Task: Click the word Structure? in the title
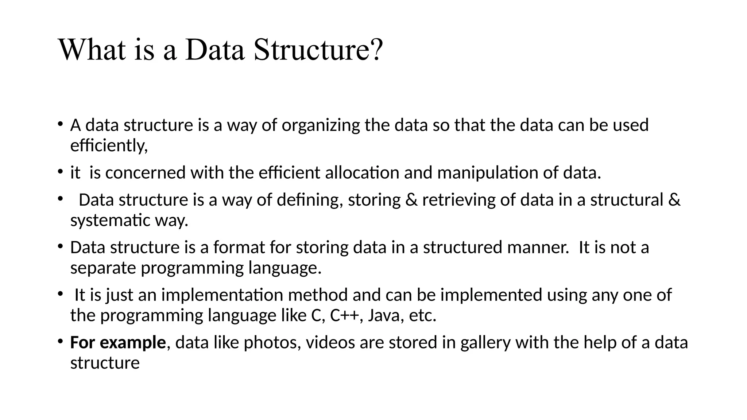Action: click(318, 50)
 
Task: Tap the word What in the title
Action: click(92, 50)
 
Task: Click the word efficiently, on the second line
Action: click(109, 146)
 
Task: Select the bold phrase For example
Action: click(118, 343)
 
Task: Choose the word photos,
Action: click(272, 343)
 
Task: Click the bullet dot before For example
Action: click(60, 342)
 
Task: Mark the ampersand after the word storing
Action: click(411, 200)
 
